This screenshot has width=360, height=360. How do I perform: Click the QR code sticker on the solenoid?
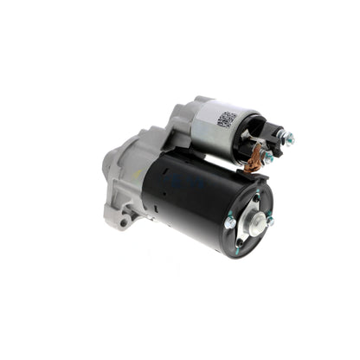(x=228, y=119)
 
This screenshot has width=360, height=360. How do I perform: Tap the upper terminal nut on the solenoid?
(x=289, y=137)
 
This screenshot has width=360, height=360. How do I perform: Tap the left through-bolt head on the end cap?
(x=230, y=222)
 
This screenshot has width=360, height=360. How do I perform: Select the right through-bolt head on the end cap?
(x=270, y=222)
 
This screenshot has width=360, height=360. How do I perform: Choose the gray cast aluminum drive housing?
(x=138, y=177)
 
